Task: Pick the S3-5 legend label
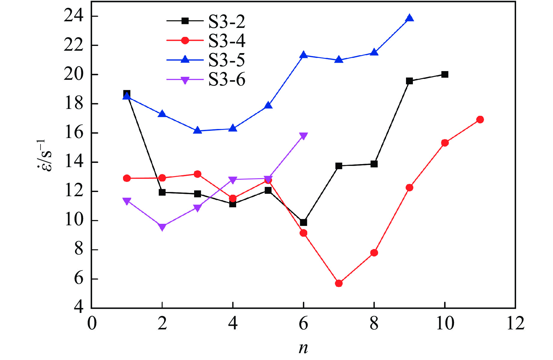tap(227, 60)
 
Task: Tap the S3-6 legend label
tap(227, 80)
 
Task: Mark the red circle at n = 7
tap(339, 283)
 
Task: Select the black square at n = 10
tap(445, 74)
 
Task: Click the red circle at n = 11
tap(480, 119)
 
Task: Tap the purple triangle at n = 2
tap(162, 227)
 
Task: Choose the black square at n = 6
tap(303, 222)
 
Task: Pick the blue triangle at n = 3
tap(197, 130)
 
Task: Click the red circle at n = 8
tap(374, 253)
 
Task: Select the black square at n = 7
tap(339, 166)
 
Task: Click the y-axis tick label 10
tap(74, 220)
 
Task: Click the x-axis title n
tap(303, 348)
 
